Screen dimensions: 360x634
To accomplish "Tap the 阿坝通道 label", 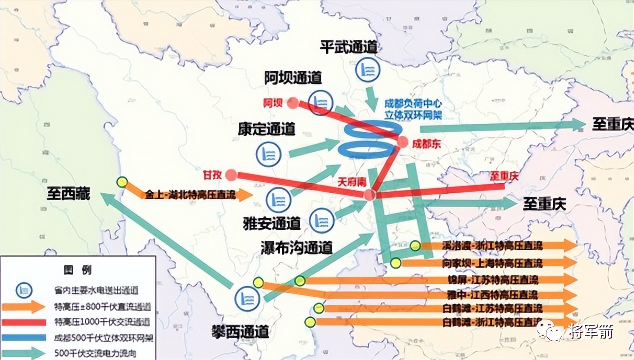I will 293,78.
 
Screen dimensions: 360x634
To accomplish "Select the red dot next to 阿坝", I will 293,103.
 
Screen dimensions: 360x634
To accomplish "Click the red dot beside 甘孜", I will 230,175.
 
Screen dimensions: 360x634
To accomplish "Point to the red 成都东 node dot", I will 402,142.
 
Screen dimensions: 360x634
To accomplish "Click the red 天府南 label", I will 353,180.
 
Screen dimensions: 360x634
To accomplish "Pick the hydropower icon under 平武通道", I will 366,69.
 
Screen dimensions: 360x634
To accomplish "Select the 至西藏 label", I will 69,193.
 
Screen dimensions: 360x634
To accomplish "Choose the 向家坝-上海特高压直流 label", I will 492,263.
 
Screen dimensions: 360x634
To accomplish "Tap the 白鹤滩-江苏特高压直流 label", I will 492,308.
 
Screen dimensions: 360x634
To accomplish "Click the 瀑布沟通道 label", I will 296,247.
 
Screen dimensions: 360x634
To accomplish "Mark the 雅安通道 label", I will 271,223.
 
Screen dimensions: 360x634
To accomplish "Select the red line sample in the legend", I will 23,322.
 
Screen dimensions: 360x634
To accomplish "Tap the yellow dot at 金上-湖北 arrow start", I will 121,182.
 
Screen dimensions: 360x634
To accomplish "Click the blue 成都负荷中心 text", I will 413,104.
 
